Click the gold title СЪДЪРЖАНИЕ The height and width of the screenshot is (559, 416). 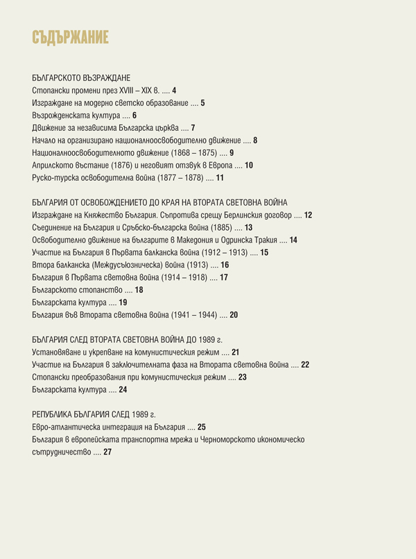[x=71, y=37]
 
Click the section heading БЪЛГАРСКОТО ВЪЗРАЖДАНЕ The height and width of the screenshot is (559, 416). [x=82, y=78]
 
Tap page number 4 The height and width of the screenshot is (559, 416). [x=175, y=91]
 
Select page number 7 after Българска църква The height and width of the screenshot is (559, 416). [x=193, y=128]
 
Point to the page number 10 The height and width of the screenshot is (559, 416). [x=249, y=166]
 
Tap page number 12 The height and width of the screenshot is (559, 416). [x=308, y=215]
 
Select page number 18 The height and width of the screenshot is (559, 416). [x=139, y=290]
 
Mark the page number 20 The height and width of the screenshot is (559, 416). [x=234, y=315]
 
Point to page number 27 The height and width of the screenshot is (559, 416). [x=107, y=452]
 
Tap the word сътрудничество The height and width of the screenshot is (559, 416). [x=61, y=452]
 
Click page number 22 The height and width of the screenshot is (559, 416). [x=305, y=364]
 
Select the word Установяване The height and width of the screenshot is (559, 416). [x=57, y=352]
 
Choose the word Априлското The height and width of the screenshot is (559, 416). [x=53, y=166]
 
